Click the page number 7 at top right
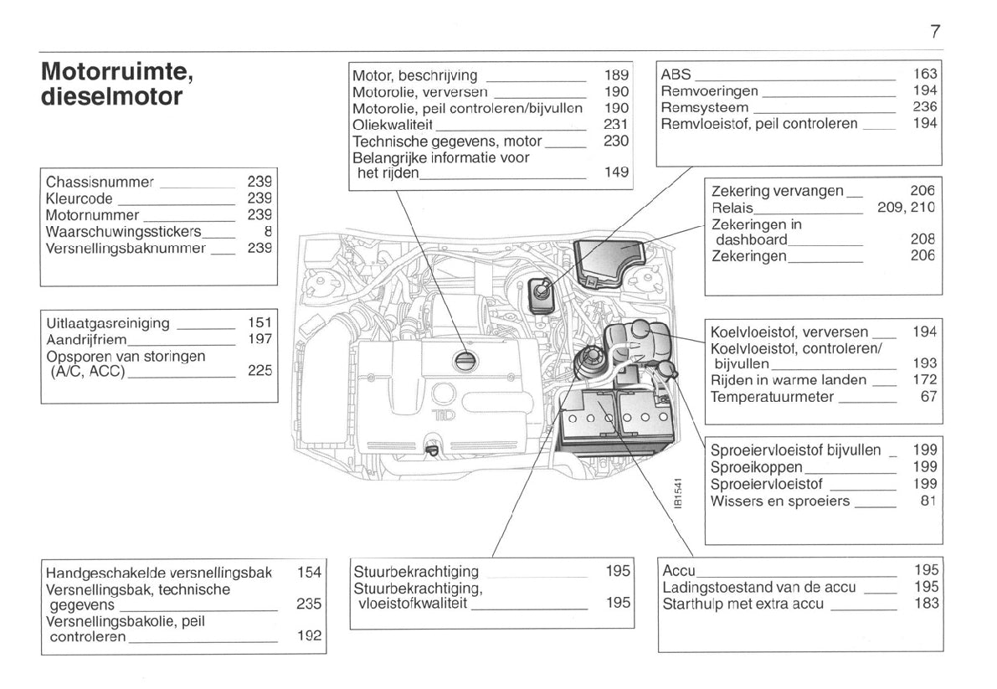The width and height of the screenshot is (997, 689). tap(935, 32)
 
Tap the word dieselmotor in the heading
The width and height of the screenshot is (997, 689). tap(111, 97)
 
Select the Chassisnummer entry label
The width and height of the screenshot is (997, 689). tap(100, 182)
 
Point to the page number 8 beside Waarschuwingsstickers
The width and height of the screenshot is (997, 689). tap(268, 231)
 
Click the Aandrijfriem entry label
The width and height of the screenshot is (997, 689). tap(86, 339)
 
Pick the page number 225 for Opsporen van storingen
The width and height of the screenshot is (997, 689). tap(260, 372)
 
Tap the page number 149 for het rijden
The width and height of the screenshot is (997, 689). tap(616, 173)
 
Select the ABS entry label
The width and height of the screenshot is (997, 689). tap(676, 74)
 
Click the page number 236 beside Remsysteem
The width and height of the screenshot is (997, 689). tap(925, 107)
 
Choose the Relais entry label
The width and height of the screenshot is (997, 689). tap(732, 207)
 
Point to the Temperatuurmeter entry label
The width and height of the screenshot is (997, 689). tap(772, 397)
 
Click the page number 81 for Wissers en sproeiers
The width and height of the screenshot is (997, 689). tap(928, 501)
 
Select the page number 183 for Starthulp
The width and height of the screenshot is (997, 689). tap(927, 604)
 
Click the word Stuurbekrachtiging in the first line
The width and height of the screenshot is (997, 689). tap(416, 572)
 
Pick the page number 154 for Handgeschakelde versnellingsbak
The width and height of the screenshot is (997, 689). tap(309, 573)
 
